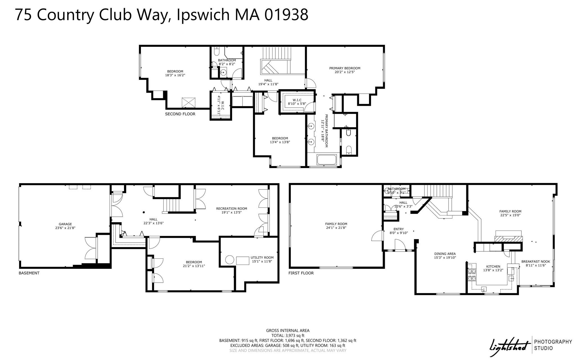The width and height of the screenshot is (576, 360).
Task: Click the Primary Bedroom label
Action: [345, 68]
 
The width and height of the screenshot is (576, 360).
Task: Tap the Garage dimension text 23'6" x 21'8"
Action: [65, 228]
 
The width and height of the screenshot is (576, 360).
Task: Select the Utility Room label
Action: [262, 257]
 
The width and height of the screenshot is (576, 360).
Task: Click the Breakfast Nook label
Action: [535, 261]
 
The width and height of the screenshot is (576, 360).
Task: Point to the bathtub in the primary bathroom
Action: [328, 160]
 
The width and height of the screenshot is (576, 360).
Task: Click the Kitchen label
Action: [493, 266]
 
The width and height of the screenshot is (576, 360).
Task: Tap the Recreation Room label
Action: [231, 209]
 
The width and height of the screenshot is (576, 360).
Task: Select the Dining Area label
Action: [445, 254]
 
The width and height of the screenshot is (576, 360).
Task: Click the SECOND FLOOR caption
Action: [180, 114]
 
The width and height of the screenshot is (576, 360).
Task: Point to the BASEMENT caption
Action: [29, 273]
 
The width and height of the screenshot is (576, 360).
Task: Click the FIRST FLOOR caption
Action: [301, 273]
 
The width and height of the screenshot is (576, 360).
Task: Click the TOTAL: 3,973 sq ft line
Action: [288, 336]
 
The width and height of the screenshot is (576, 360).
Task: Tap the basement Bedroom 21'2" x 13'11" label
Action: [194, 262]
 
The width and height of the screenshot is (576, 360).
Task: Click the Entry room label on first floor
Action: [399, 229]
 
